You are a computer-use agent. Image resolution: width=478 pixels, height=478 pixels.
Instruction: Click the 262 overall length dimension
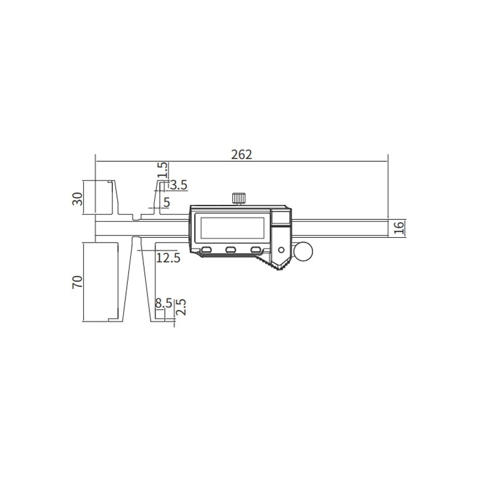coord(241,155)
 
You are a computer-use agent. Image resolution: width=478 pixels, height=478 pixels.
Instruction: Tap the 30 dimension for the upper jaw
coord(78,199)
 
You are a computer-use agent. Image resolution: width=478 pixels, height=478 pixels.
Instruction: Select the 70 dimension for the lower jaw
coord(78,281)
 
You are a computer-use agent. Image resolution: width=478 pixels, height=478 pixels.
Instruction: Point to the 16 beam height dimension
coord(399,228)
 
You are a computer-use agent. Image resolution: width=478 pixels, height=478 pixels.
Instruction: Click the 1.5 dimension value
coord(163,170)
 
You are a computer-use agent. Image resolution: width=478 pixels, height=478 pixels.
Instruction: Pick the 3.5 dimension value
coord(179,185)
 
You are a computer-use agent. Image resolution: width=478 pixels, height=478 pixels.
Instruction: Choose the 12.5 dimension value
coord(168,258)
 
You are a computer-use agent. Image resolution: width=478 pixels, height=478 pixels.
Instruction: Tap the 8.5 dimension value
coord(164,304)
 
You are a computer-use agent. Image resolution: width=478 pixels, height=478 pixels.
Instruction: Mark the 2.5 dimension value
coord(181,307)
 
